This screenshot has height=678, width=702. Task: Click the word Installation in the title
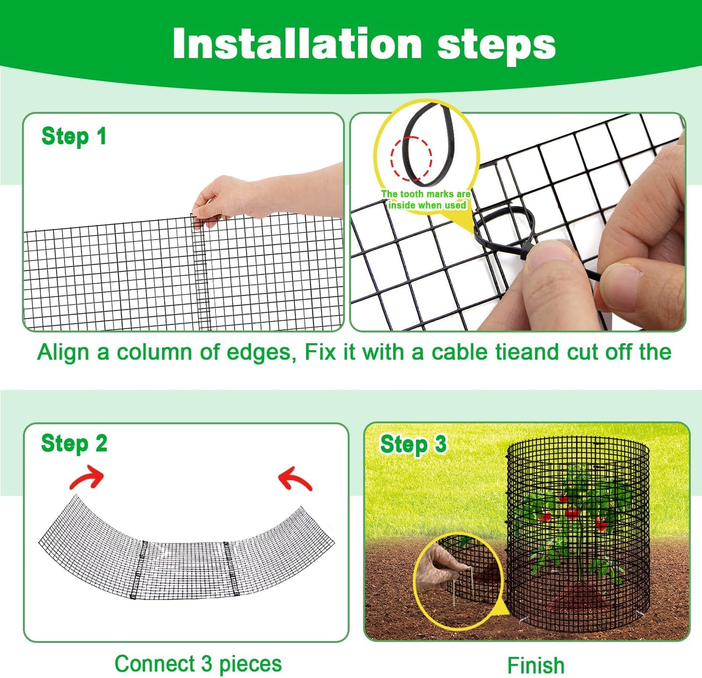[297, 44]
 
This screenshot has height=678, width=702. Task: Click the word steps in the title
[496, 45]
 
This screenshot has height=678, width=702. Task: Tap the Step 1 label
[73, 137]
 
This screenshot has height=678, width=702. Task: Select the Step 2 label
[74, 444]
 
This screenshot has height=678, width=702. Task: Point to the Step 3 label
[413, 445]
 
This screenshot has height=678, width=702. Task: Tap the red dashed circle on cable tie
[411, 158]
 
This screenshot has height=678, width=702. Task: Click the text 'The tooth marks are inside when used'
[426, 200]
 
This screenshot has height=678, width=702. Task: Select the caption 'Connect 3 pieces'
[198, 663]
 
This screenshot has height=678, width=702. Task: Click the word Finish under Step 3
[535, 665]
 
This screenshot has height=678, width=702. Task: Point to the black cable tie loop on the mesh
[503, 228]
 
